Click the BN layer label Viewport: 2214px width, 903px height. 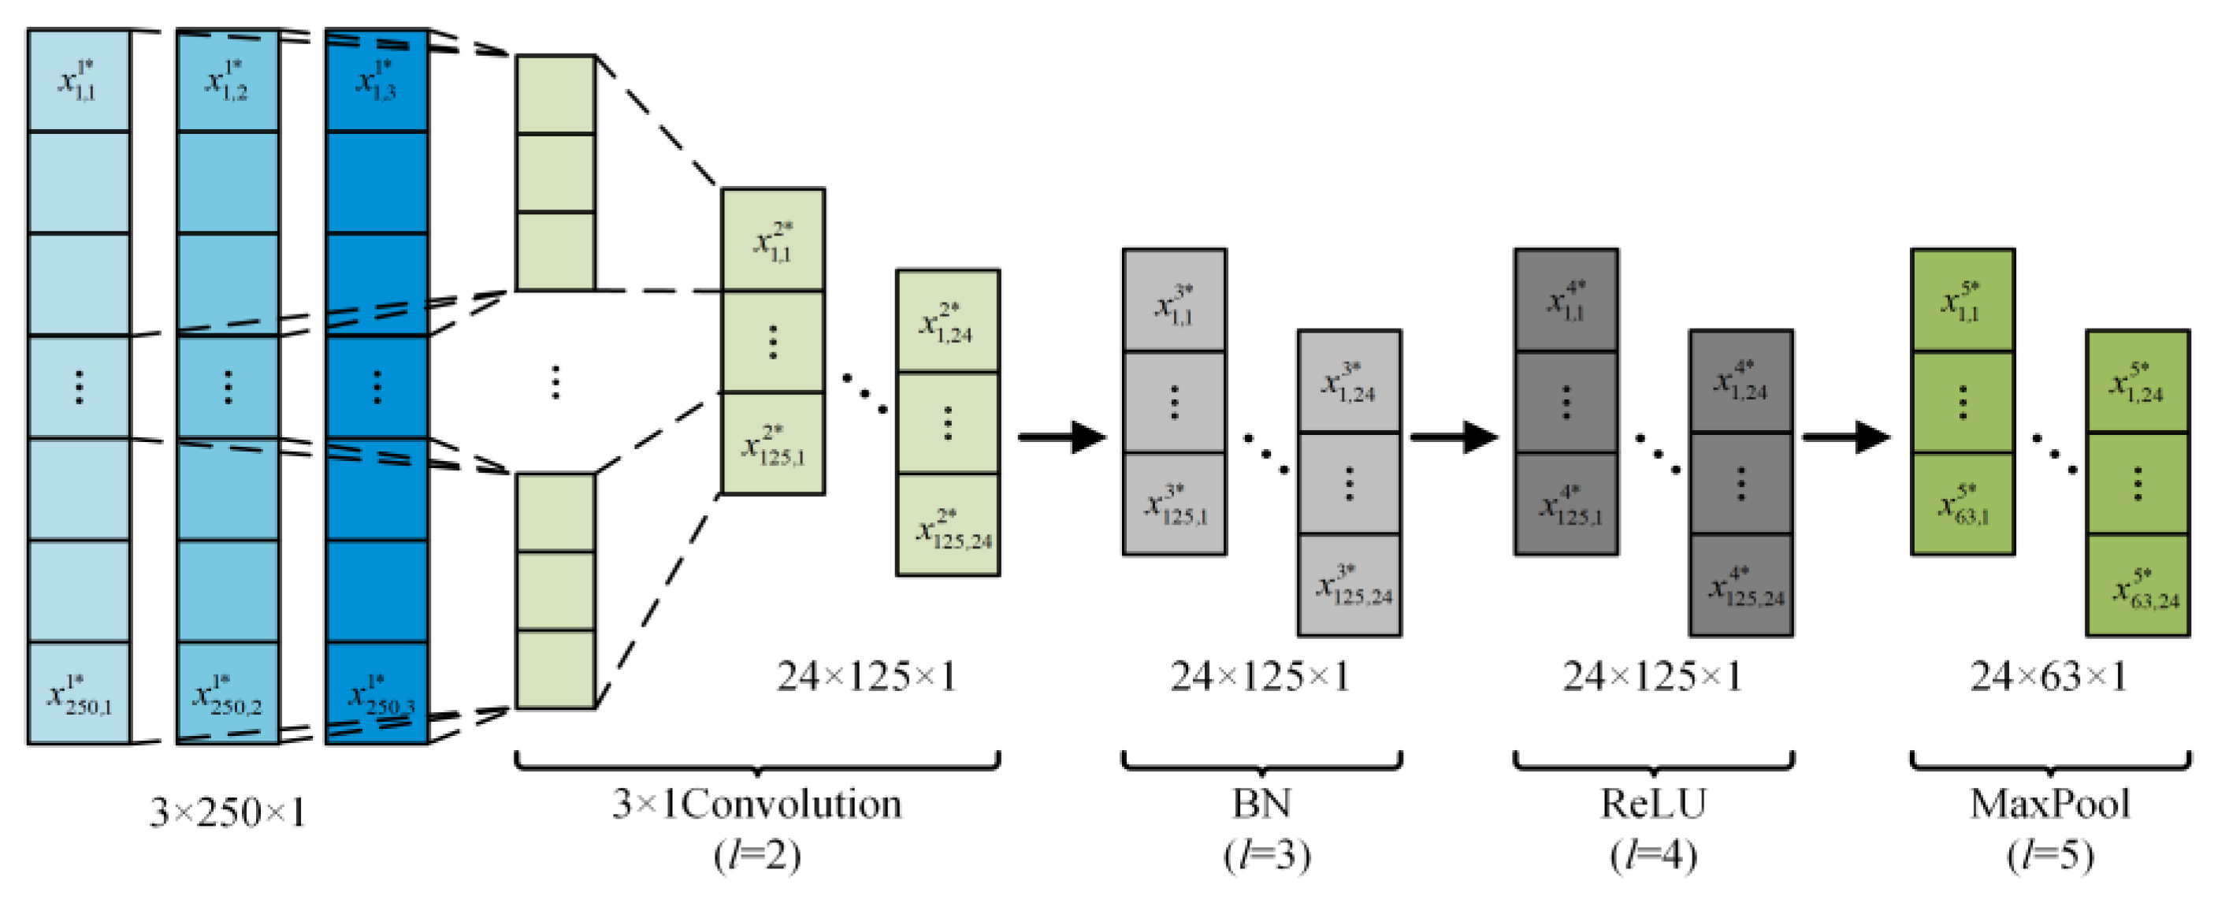(1261, 805)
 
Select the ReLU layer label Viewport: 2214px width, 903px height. (1652, 805)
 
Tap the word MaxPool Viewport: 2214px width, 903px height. (2049, 805)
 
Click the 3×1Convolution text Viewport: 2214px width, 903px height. (756, 805)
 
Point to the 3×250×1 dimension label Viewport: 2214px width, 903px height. (228, 812)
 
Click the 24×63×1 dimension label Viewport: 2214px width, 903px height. (2049, 677)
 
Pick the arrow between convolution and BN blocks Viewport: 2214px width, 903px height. (1061, 437)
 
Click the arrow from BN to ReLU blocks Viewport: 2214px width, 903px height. (1454, 437)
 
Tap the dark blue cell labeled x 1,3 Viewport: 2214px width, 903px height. (377, 80)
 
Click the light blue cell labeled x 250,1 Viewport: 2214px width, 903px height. (79, 693)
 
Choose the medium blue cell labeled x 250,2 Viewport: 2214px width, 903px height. (228, 693)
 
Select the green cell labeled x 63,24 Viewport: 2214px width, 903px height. (2138, 586)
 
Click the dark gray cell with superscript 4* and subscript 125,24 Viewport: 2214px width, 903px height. (1741, 586)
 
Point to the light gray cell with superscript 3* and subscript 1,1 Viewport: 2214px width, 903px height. (1174, 301)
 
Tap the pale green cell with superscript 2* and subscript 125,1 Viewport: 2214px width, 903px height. (774, 444)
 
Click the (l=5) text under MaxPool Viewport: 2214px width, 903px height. (2049, 855)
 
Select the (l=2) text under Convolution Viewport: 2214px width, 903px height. (756, 855)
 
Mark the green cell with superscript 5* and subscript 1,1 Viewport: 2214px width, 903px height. (1962, 301)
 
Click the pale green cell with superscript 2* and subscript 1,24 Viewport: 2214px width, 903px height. (948, 321)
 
